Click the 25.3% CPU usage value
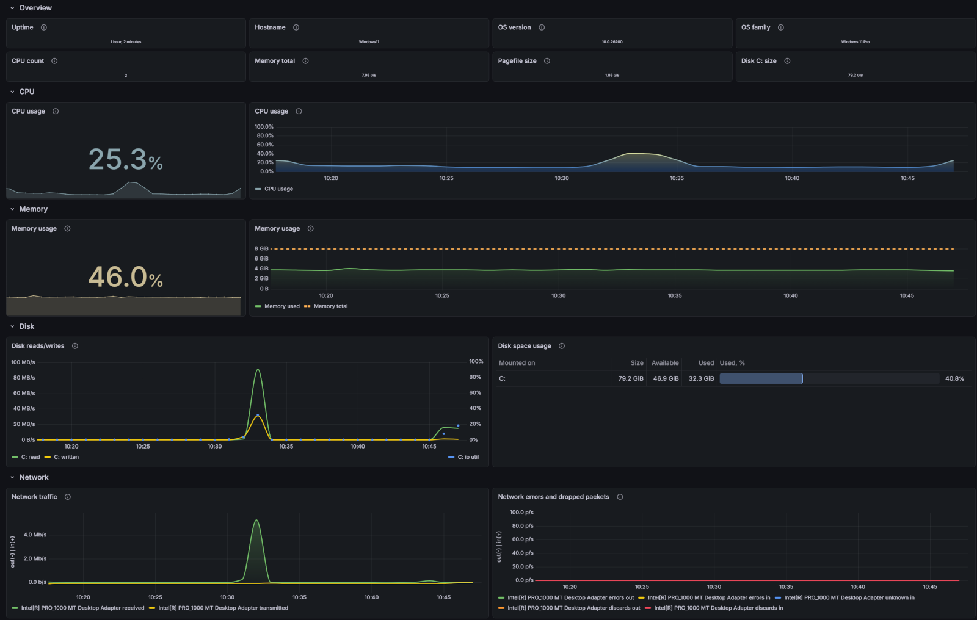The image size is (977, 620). point(125,160)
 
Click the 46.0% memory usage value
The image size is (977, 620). point(125,277)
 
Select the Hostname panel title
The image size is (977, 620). point(270,27)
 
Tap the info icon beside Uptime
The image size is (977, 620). point(44,27)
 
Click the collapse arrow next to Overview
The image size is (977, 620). point(12,8)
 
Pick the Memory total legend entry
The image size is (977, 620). point(330,306)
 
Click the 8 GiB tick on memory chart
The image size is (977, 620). point(261,248)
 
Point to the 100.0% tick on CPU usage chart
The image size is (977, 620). point(264,127)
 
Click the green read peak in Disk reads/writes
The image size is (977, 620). point(258,370)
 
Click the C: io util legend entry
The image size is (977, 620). point(468,457)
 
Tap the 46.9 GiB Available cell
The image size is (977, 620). point(666,378)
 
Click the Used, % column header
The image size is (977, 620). point(732,363)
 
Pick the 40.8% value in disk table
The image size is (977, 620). point(954,378)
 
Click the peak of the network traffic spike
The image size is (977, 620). point(256,521)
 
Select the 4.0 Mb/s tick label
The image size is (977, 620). point(35,535)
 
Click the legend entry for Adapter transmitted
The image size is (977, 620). point(223,608)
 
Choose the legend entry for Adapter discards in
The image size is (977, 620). point(718,608)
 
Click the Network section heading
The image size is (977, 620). point(34,477)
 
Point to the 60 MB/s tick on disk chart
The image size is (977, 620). point(24,393)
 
